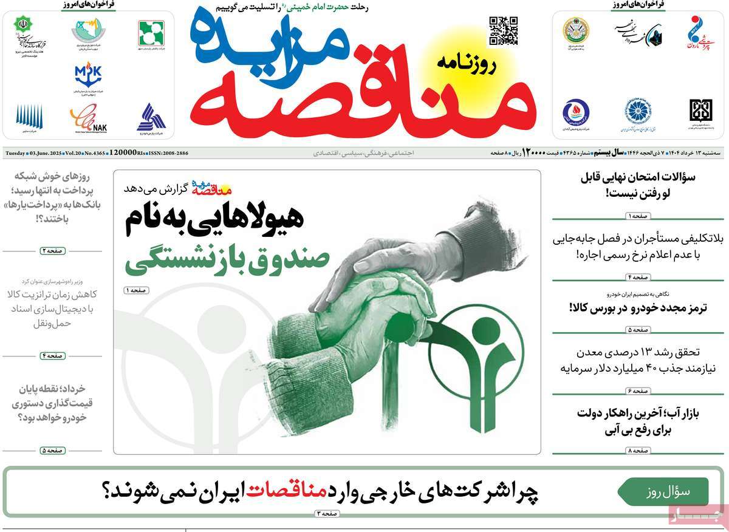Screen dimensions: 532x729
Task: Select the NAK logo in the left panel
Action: tap(87, 117)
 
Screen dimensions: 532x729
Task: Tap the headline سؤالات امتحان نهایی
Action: tap(637, 185)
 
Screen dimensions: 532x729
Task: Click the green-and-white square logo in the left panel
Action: tap(151, 33)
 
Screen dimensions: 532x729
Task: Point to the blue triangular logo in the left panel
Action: tap(151, 117)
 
